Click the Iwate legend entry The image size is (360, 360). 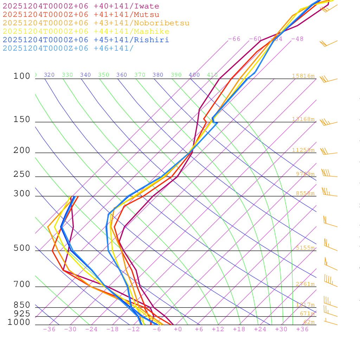click(81, 6)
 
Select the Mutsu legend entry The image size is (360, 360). click(81, 15)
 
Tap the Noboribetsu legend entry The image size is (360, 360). click(96, 23)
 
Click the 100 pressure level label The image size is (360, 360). click(22, 76)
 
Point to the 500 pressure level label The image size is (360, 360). click(22, 248)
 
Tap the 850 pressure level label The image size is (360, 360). click(22, 305)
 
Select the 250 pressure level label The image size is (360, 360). click(22, 174)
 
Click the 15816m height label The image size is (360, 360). click(303, 76)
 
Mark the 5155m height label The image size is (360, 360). click(305, 248)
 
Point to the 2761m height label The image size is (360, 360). click(305, 284)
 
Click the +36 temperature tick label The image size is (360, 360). click(302, 329)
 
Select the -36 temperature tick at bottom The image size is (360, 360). click(49, 329)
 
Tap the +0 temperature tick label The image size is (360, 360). click(178, 329)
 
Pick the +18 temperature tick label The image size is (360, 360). click(239, 329)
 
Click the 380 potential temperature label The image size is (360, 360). click(158, 75)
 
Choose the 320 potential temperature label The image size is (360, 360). click(49, 75)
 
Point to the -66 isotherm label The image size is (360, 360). click(234, 39)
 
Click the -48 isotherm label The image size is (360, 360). click(297, 39)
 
